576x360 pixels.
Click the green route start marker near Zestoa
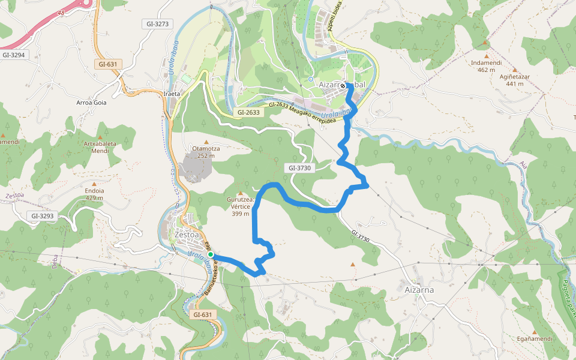[x=211, y=254]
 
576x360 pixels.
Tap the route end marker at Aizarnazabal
[x=343, y=86]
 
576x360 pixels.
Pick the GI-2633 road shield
[x=248, y=112]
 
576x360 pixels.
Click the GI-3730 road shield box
[x=299, y=168]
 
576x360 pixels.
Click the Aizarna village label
[x=419, y=290]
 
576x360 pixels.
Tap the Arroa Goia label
[x=91, y=103]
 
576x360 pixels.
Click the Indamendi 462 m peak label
[x=487, y=65]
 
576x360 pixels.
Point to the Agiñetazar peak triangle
[x=514, y=70]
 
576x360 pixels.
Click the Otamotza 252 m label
[x=206, y=152]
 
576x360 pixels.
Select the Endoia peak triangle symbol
[x=94, y=183]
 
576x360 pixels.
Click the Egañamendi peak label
[x=534, y=338]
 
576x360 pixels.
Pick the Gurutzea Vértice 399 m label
[x=241, y=206]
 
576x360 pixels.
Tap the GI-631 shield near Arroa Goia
[x=109, y=64]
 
